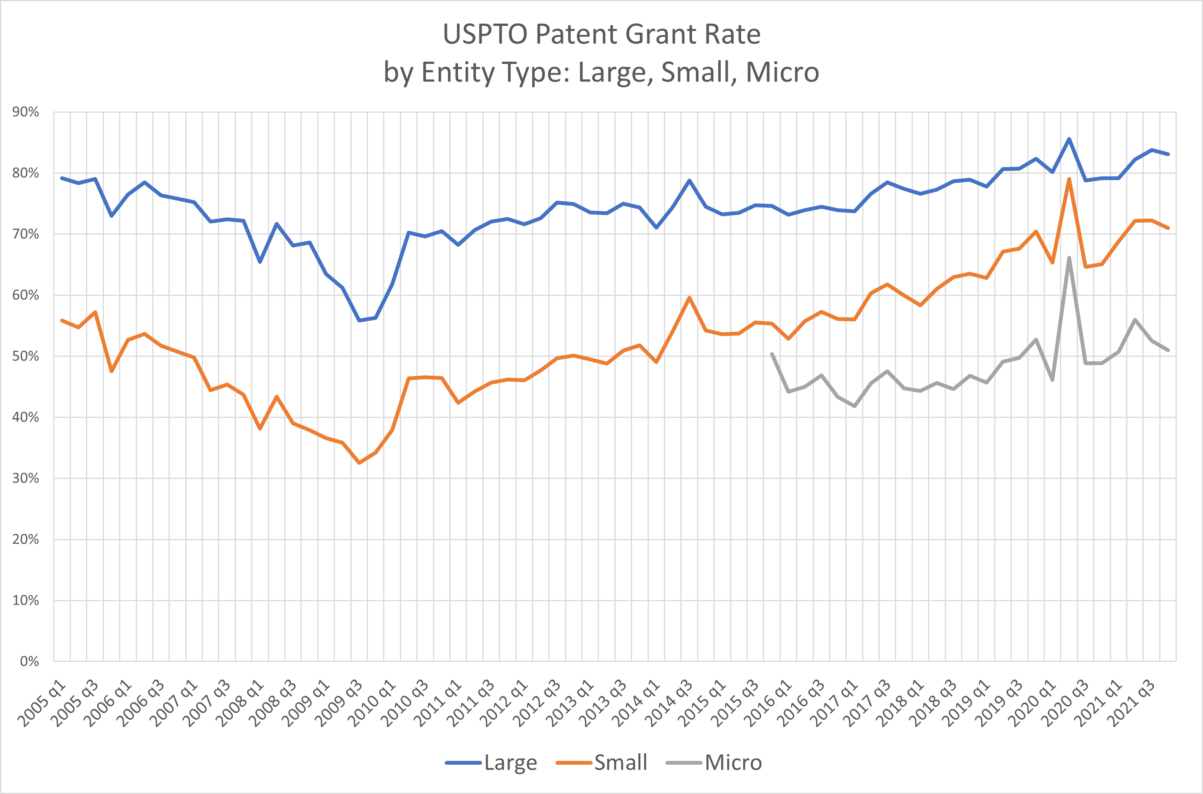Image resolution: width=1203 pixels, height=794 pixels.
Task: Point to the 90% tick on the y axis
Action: click(x=26, y=112)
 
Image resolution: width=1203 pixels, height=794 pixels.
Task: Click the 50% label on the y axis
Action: click(x=26, y=356)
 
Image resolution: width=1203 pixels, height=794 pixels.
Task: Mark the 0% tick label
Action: click(x=29, y=661)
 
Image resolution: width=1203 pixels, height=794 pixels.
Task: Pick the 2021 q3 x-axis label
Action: click(x=1133, y=704)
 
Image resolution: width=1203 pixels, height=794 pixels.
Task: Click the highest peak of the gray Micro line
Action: click(x=1069, y=258)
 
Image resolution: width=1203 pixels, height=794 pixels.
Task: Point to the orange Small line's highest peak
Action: click(x=1069, y=179)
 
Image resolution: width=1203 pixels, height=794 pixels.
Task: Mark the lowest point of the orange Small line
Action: click(x=359, y=463)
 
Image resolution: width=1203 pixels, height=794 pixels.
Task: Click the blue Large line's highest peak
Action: click(x=1069, y=139)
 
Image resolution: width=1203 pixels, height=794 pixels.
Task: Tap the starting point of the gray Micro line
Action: click(x=772, y=354)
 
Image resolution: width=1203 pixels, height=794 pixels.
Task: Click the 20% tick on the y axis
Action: click(x=26, y=539)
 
